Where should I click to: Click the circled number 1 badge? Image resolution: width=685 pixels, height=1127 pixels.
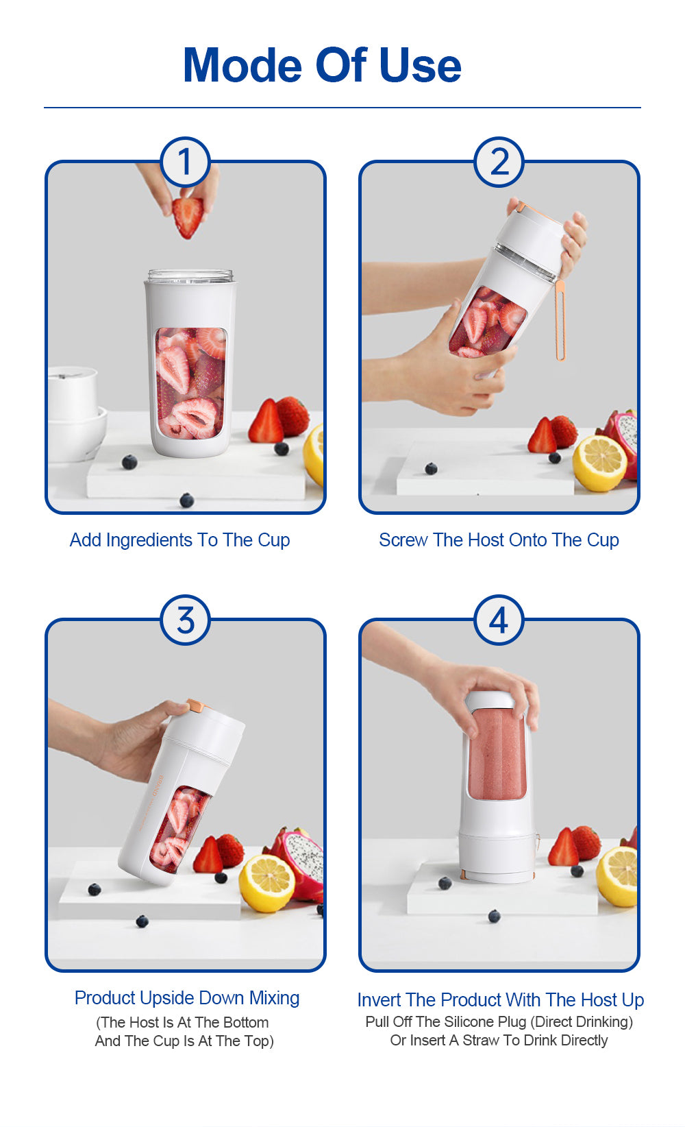[x=185, y=162]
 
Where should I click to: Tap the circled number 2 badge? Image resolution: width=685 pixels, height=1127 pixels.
[x=499, y=162]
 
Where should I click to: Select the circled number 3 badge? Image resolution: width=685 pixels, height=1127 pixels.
[x=185, y=620]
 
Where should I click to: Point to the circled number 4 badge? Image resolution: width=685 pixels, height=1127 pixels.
[x=499, y=620]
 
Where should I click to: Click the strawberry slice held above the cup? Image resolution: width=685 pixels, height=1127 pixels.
[x=188, y=216]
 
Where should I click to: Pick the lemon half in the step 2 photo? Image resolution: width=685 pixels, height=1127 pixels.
[x=599, y=463]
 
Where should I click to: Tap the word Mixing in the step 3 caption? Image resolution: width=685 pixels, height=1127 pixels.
[x=274, y=998]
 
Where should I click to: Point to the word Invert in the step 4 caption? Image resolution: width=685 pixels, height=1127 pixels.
[x=379, y=1000]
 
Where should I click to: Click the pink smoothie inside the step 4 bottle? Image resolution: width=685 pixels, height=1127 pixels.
[x=497, y=754]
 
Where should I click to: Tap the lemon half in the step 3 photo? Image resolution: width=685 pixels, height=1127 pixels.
[x=266, y=883]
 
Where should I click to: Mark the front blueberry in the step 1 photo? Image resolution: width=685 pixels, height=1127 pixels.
[x=186, y=500]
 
